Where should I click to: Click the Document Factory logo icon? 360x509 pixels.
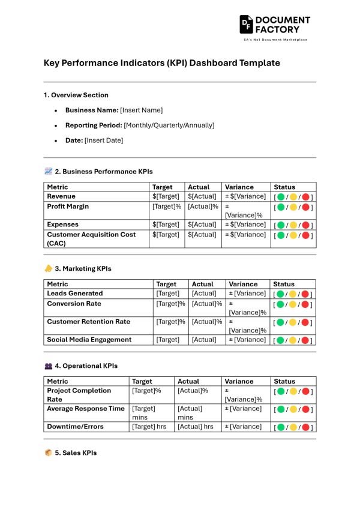[246, 24]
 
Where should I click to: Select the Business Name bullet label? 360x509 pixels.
[92, 110]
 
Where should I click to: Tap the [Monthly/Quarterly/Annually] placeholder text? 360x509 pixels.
[169, 125]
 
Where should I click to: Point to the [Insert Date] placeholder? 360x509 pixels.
[104, 140]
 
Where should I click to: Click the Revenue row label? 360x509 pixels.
[61, 196]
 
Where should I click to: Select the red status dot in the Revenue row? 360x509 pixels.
[305, 197]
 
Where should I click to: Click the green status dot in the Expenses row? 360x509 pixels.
[280, 226]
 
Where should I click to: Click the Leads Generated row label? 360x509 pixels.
[75, 294]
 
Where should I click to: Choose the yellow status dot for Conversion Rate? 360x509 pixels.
[293, 305]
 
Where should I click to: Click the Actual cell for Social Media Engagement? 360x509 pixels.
[204, 340]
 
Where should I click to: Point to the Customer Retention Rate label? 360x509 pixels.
[89, 322]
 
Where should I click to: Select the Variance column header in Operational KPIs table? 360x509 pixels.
[239, 381]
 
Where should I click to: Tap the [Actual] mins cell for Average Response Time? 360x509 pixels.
[190, 412]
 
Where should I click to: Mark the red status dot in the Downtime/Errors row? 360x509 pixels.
[305, 428]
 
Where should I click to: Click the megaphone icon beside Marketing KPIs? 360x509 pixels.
[49, 268]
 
